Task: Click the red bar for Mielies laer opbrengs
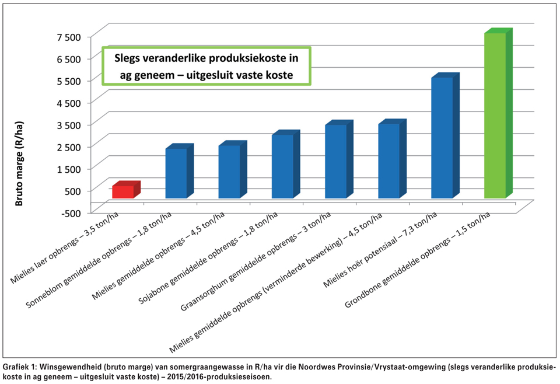(x=124, y=191)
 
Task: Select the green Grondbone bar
(x=495, y=117)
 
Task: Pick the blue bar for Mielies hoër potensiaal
(x=442, y=138)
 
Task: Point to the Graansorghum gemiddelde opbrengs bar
(x=335, y=161)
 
